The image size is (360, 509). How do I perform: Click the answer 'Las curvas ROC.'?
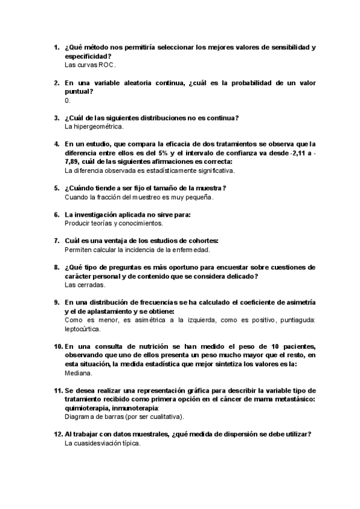[89, 64]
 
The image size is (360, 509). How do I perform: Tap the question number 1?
[56, 47]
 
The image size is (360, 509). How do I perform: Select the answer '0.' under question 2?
[67, 100]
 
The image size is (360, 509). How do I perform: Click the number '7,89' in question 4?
[74, 162]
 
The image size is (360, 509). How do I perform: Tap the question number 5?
[56, 188]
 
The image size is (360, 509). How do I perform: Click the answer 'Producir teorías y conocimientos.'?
[105, 223]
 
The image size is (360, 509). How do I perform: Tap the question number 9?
[56, 302]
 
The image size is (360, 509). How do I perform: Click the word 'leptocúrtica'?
[83, 329]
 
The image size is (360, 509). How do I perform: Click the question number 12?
[58, 434]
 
